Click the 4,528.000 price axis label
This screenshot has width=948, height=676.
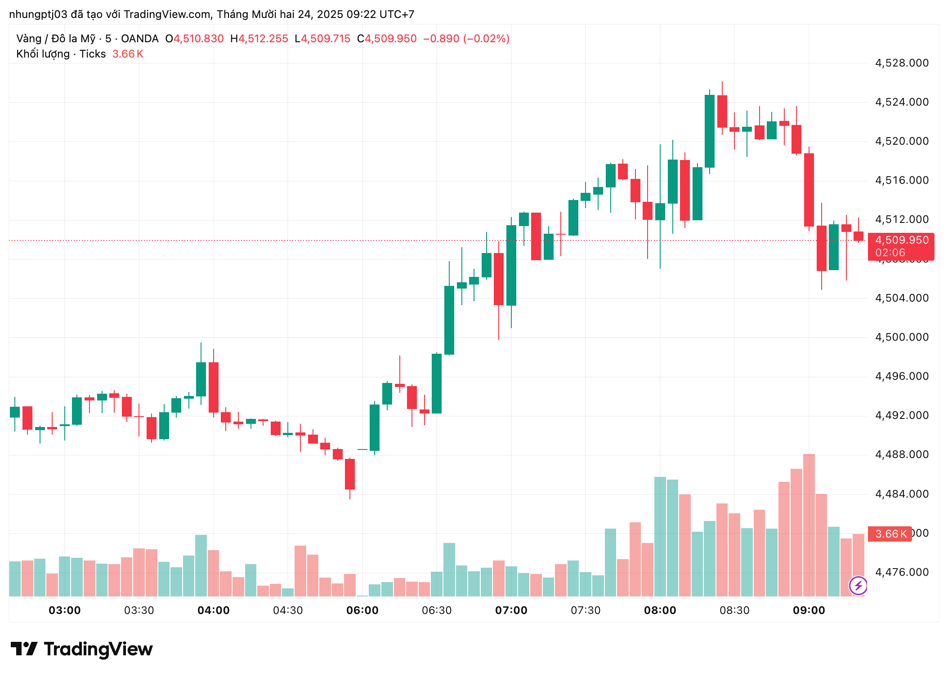point(901,63)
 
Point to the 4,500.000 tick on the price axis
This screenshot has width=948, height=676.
point(901,337)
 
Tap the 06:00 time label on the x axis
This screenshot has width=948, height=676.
point(362,610)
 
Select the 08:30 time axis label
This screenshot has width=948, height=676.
point(734,610)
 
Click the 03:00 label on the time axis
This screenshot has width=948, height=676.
point(65,610)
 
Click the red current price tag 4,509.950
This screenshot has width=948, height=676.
point(901,240)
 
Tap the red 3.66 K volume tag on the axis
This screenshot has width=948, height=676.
point(890,534)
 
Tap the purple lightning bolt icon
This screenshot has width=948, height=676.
point(858,586)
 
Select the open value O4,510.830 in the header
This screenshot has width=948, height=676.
point(194,39)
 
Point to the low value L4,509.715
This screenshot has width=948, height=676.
point(322,39)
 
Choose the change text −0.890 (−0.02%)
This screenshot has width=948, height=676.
point(466,39)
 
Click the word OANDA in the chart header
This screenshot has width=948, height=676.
point(139,39)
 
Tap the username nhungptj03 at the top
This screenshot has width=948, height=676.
point(38,14)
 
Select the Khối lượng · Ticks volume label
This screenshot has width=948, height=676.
point(61,54)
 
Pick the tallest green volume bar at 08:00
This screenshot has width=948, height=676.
point(660,537)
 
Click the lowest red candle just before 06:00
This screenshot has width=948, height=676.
point(349,474)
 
